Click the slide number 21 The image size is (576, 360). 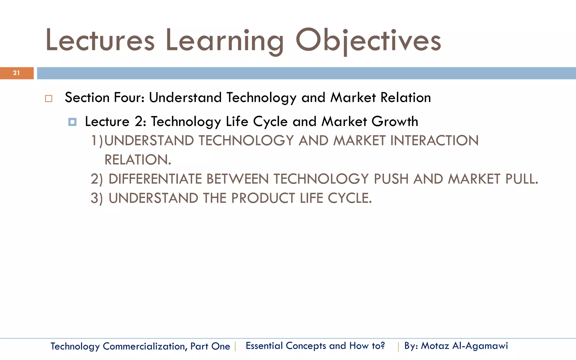[16, 73]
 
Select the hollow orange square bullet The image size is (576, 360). [49, 99]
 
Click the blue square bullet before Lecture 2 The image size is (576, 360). [72, 122]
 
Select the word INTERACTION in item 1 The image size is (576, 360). [434, 141]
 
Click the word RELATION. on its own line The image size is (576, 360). [138, 160]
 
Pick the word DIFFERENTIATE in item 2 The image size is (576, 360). [155, 179]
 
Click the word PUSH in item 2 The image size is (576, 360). [391, 179]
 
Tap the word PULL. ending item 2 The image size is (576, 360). [521, 179]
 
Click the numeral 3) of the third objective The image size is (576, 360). [97, 198]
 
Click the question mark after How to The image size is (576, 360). [382, 345]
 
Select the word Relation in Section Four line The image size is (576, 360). [406, 98]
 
